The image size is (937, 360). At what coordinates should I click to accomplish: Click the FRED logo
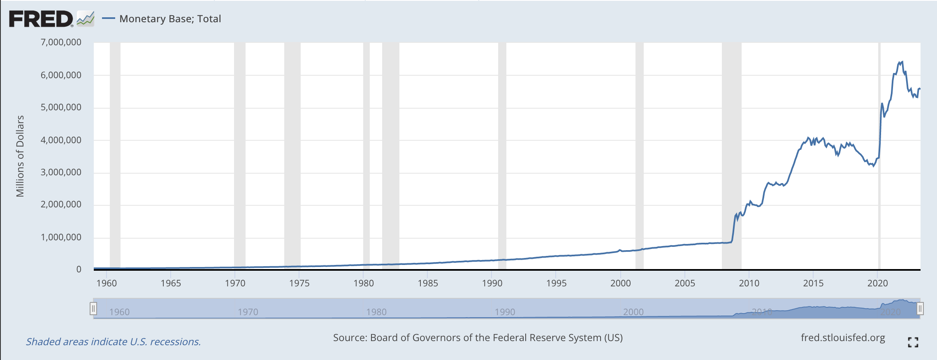tap(41, 19)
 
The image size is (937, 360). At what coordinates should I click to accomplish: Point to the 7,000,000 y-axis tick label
tap(61, 42)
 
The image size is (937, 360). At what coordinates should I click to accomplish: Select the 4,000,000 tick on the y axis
tap(61, 140)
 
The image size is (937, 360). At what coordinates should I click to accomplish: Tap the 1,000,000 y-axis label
tap(61, 237)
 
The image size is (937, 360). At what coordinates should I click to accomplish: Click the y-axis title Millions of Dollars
tap(20, 156)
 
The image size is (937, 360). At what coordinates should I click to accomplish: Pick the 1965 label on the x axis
tap(171, 283)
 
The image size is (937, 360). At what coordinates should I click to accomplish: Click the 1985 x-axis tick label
tap(428, 283)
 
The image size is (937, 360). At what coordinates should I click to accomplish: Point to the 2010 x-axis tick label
tap(749, 283)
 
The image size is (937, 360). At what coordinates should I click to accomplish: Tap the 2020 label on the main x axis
tap(877, 283)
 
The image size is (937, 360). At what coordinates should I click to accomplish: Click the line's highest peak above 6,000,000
tap(902, 62)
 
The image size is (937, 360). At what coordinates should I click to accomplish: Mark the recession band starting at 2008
tap(731, 156)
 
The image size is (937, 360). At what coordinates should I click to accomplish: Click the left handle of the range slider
tap(93, 308)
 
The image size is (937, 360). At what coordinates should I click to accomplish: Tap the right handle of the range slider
tap(920, 308)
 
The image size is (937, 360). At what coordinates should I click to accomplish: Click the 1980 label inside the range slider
tap(376, 312)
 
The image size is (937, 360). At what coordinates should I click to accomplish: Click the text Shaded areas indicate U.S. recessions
tap(114, 342)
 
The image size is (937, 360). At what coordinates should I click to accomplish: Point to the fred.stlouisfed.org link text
tap(843, 338)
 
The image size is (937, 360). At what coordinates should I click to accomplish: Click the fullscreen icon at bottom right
tap(913, 342)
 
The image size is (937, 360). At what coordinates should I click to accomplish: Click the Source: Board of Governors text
tap(478, 338)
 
